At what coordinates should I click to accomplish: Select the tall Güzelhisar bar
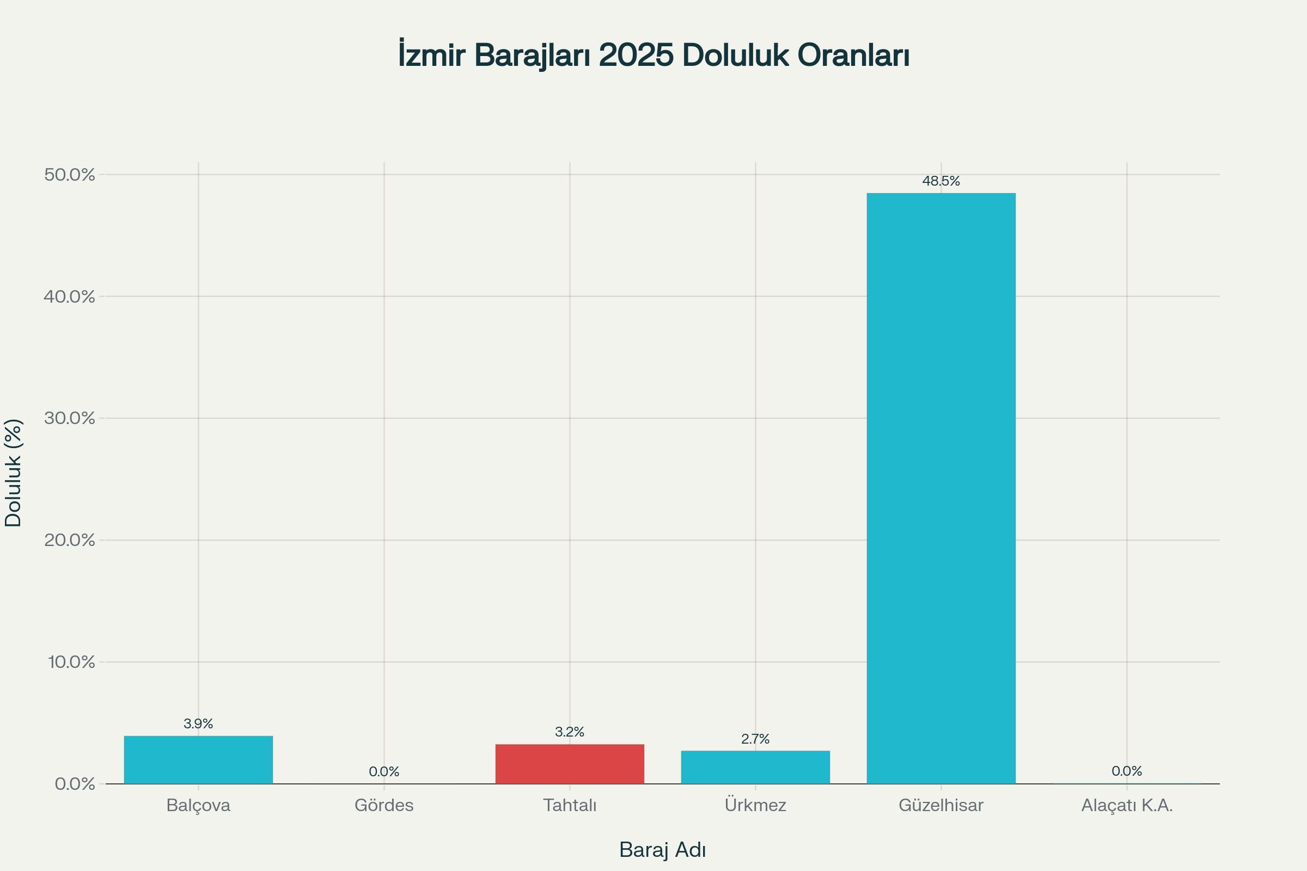941,489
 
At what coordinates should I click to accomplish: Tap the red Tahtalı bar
570,764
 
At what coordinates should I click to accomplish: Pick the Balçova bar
198,760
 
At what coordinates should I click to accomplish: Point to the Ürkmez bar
755,767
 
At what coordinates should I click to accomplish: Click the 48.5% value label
941,181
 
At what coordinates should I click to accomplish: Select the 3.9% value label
198,724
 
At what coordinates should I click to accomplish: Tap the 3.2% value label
570,732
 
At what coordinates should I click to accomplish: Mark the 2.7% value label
755,739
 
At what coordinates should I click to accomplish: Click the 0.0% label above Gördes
384,771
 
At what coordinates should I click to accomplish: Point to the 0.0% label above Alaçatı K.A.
1126,771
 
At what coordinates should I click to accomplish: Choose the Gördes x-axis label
384,806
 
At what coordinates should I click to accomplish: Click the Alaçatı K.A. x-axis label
1126,806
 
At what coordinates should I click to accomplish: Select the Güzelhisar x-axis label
941,806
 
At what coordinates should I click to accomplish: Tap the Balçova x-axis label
198,806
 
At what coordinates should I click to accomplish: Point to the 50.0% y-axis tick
70,175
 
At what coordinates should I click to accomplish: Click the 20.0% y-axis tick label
70,540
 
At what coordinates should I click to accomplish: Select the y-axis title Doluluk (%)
13,473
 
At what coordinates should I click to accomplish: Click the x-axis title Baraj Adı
662,850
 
